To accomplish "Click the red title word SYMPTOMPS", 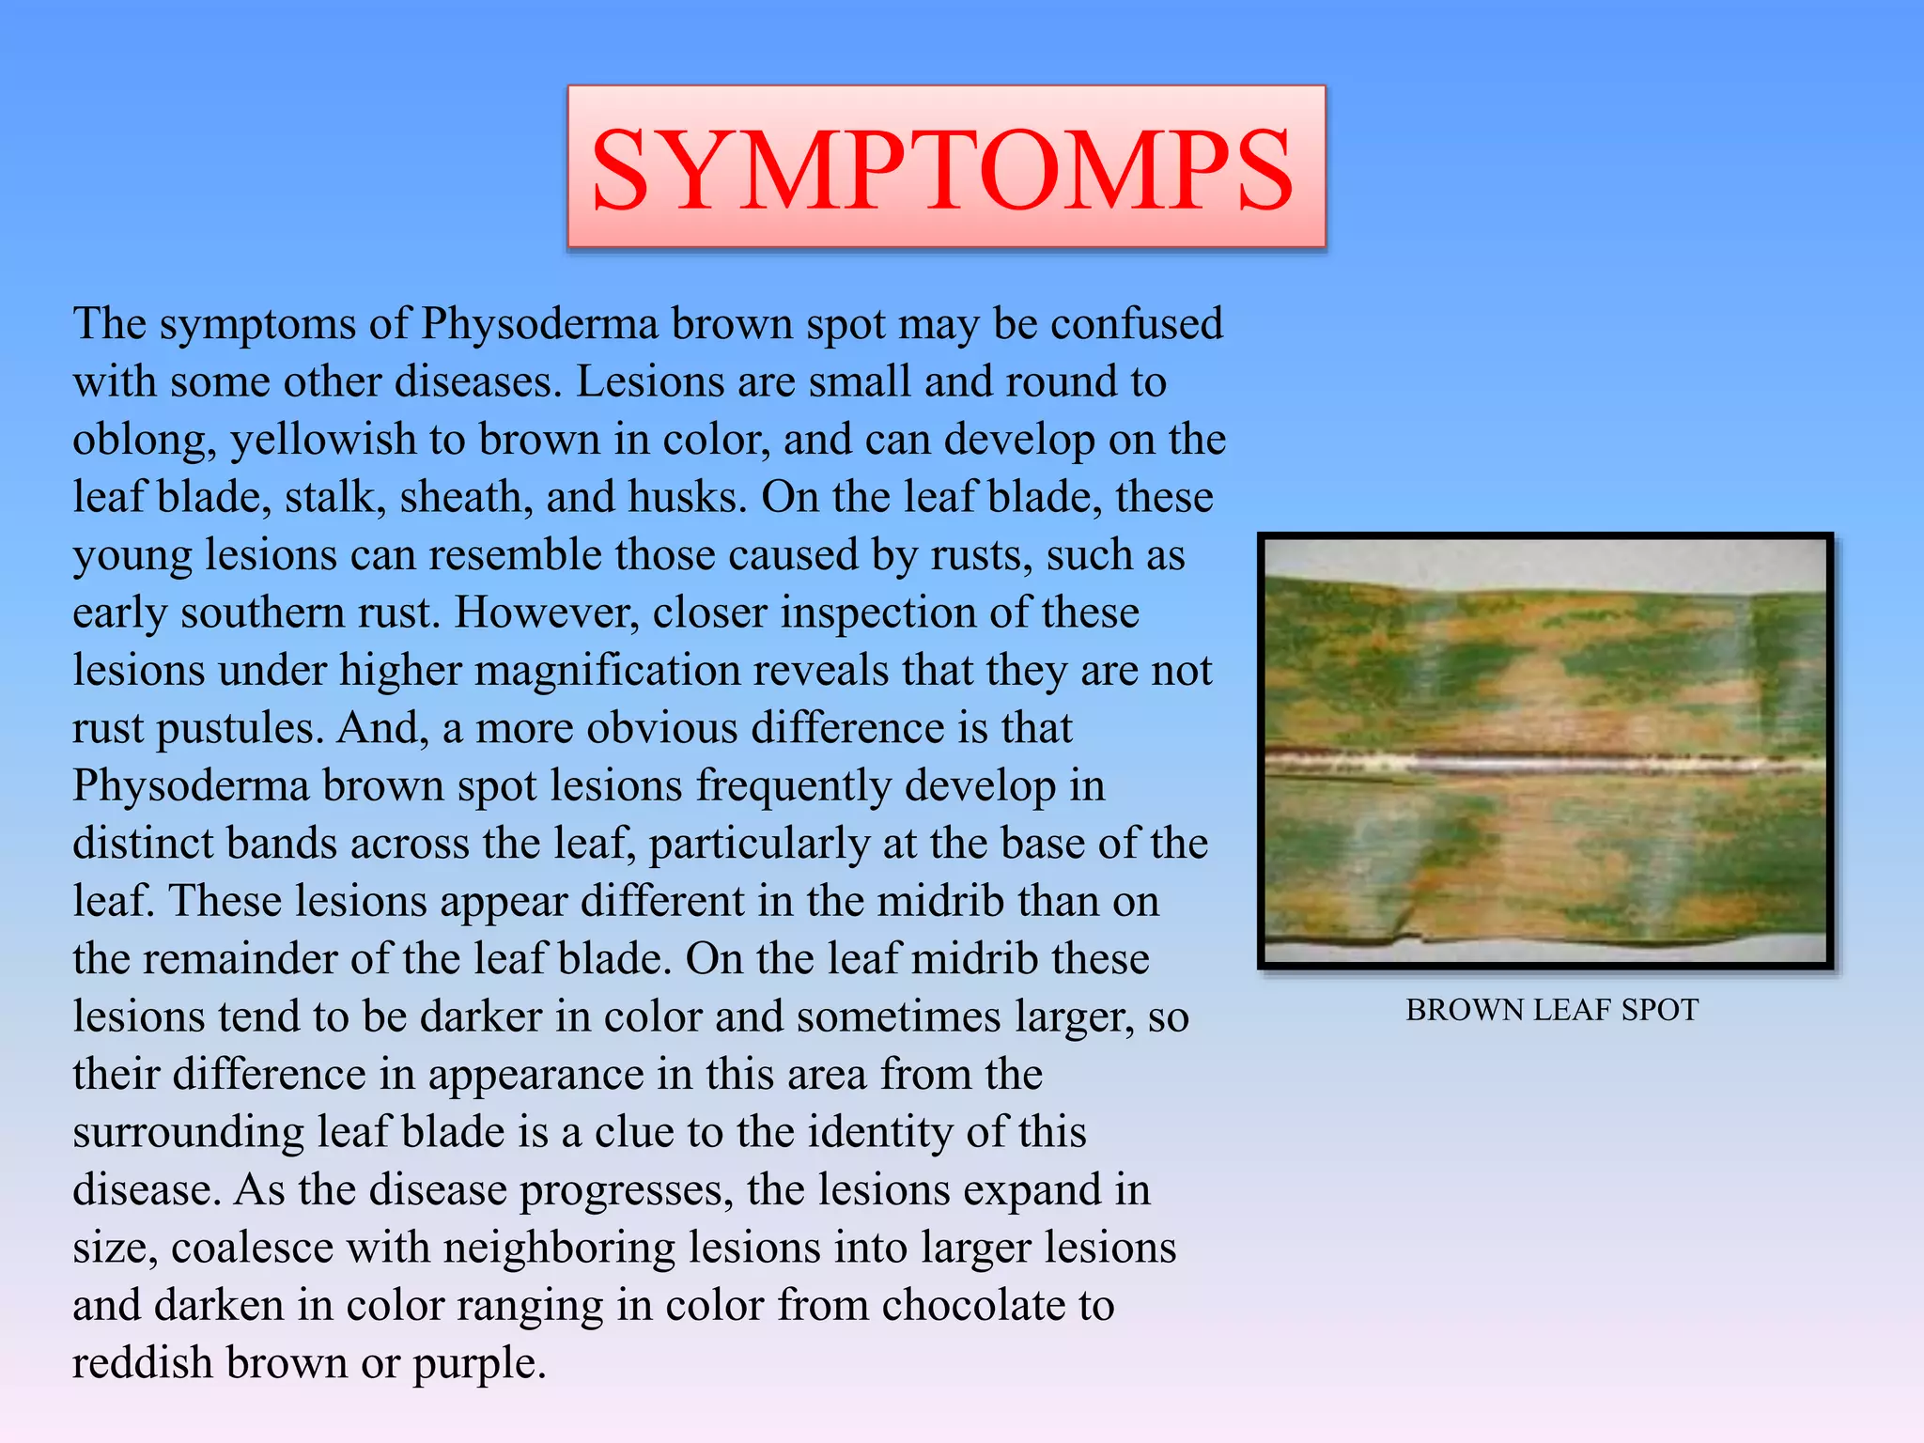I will (x=943, y=170).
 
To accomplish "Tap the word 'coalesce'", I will (x=253, y=1249).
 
